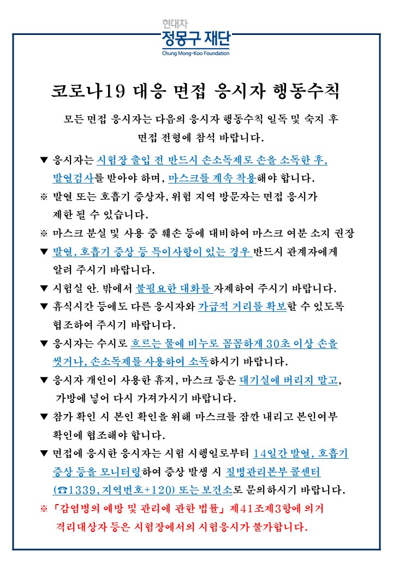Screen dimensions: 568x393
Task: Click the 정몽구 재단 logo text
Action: [196, 40]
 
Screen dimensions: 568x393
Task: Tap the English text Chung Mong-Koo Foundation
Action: [196, 54]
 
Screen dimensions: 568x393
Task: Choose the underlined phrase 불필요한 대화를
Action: [174, 288]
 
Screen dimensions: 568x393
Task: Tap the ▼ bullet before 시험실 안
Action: [44, 288]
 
